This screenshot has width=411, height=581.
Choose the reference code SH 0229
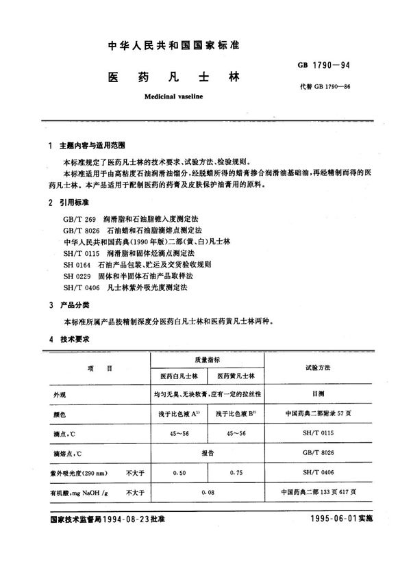pyautogui.click(x=75, y=276)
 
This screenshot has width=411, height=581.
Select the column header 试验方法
pyautogui.click(x=317, y=367)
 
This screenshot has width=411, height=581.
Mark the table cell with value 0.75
pyautogui.click(x=236, y=472)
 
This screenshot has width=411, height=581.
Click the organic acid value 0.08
pyautogui.click(x=207, y=491)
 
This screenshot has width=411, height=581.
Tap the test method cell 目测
pyautogui.click(x=317, y=395)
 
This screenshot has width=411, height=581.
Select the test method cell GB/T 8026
pyautogui.click(x=317, y=453)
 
